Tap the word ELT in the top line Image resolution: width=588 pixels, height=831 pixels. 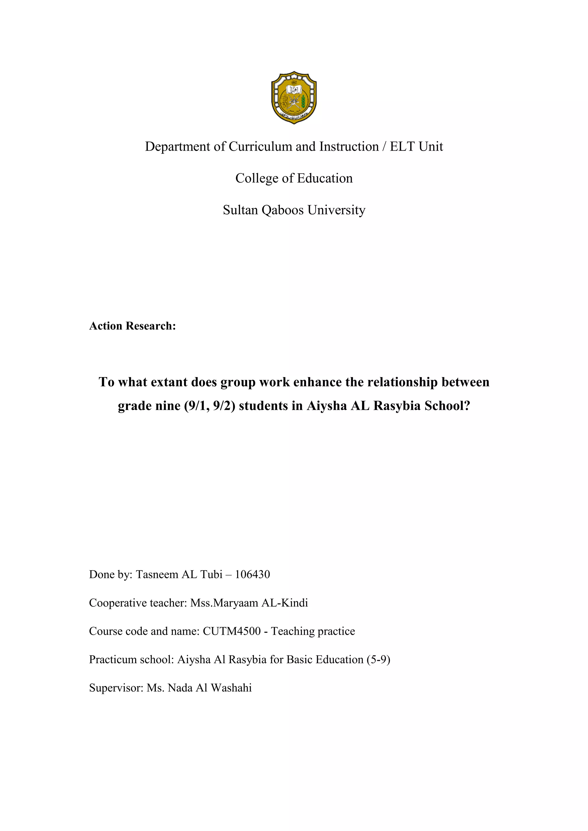[x=402, y=147]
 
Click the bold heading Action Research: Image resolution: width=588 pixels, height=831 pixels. [x=133, y=326]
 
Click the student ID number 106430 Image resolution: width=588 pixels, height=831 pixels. [x=252, y=574]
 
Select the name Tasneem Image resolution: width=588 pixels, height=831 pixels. [x=157, y=574]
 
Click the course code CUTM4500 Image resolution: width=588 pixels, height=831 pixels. [x=232, y=631]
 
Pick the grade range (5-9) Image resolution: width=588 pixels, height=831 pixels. [x=378, y=659]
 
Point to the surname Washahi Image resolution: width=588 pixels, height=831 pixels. [x=231, y=688]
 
